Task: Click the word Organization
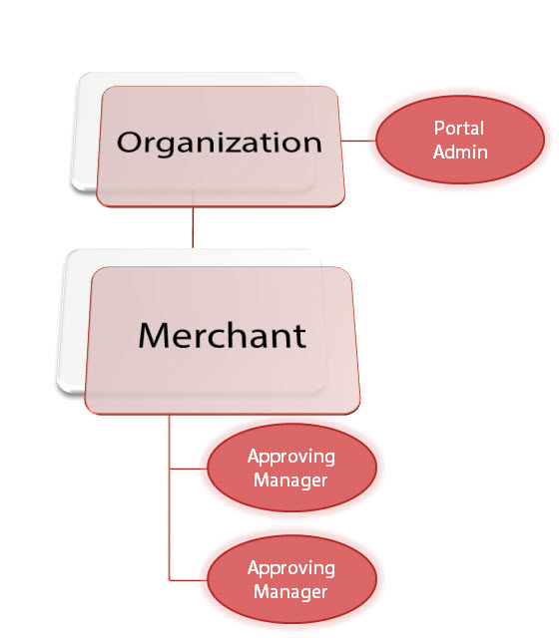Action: point(220,144)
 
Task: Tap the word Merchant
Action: point(222,335)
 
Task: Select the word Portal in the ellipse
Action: point(459,129)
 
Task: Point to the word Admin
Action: point(460,152)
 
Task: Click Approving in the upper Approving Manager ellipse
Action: point(290,458)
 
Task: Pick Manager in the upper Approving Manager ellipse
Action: point(290,480)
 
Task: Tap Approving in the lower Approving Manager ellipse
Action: point(290,568)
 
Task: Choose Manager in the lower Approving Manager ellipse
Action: point(290,592)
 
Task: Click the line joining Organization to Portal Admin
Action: point(358,142)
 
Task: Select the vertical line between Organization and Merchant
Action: point(193,227)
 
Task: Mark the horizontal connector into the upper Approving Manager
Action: point(189,469)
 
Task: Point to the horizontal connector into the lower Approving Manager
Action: point(189,580)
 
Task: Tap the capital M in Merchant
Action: point(155,335)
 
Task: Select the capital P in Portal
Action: point(439,129)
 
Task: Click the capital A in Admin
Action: point(439,152)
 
